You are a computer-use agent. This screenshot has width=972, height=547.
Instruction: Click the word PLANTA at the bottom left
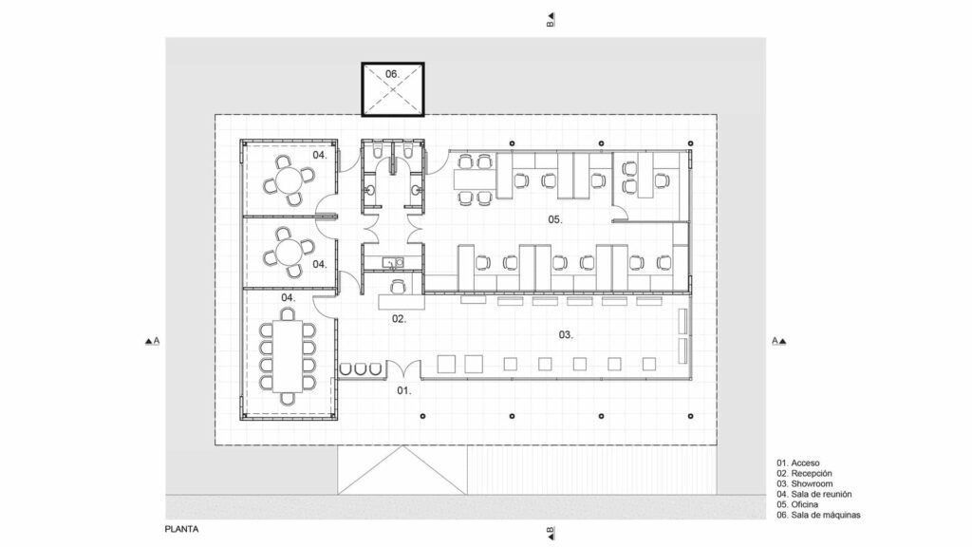coord(181,528)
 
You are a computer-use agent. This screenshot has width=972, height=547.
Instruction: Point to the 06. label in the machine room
coord(392,74)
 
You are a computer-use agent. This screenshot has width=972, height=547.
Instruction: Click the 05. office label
coord(555,219)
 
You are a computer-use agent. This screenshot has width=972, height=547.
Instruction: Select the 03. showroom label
coord(565,334)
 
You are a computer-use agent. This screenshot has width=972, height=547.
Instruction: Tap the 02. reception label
coord(400,319)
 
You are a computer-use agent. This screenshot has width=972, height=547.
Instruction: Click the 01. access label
coord(403,390)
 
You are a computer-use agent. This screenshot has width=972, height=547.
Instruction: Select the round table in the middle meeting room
coord(288,251)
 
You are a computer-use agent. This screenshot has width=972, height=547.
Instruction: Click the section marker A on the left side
coord(151,340)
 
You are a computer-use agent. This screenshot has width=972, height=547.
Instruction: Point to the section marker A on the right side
coord(779,340)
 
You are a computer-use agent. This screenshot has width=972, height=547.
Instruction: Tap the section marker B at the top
coord(550,20)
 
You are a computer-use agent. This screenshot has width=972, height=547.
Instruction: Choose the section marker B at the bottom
coord(550,532)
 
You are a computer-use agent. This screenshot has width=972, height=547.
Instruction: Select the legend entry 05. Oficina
coord(801,505)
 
